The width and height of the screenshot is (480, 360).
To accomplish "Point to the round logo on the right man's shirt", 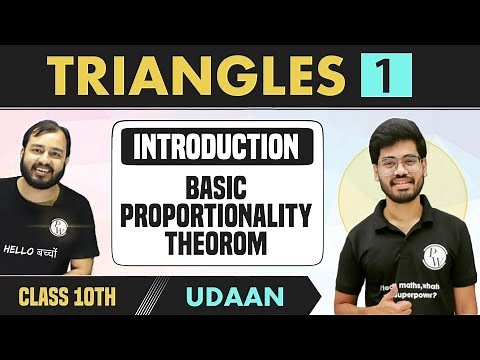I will coord(435,257).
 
